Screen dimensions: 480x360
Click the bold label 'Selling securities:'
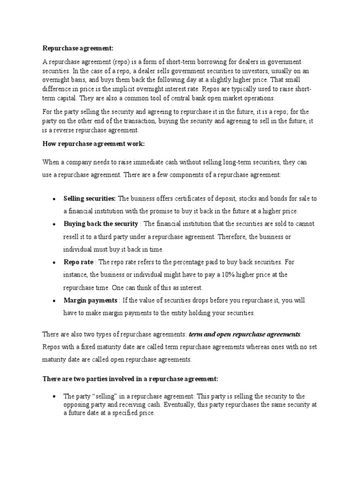click(x=90, y=199)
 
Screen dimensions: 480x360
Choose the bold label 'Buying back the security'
click(x=101, y=224)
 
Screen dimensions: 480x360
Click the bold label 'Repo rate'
click(x=78, y=262)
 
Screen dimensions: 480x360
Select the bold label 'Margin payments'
click(x=90, y=300)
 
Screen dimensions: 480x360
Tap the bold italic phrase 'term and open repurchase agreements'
click(x=244, y=334)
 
